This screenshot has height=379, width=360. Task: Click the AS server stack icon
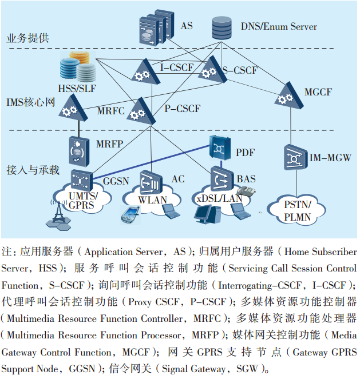pos(156,26)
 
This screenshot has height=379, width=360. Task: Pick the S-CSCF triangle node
pos(209,70)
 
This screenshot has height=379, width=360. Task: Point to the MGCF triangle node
pos(287,94)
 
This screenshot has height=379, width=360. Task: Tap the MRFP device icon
pos(78,148)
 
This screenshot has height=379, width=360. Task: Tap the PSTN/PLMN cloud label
pos(298,210)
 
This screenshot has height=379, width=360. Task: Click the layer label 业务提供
pos(27,39)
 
